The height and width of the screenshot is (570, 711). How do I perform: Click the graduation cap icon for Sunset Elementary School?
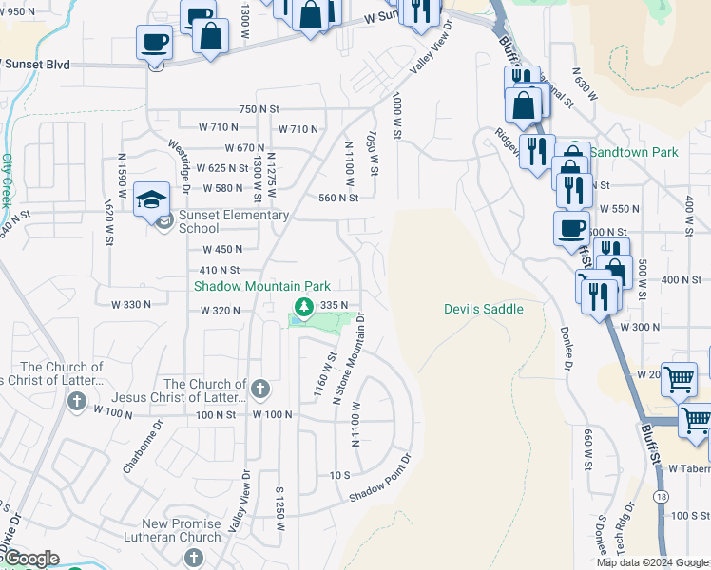(x=152, y=199)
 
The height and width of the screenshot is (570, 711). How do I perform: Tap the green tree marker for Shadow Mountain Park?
(x=303, y=306)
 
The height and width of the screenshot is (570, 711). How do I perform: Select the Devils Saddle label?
(x=483, y=309)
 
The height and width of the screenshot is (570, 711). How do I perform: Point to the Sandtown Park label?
(x=634, y=152)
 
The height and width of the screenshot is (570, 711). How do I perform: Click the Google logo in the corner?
(x=30, y=559)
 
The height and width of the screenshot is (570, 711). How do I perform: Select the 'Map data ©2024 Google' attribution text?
(x=652, y=562)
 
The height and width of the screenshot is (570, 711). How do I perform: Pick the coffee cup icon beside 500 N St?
(x=571, y=228)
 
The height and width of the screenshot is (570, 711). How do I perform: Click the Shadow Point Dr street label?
(x=379, y=480)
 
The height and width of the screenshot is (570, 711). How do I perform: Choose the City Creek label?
(x=7, y=180)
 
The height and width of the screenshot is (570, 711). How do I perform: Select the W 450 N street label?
(x=222, y=250)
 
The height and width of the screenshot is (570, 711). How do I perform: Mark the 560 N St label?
(x=337, y=199)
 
